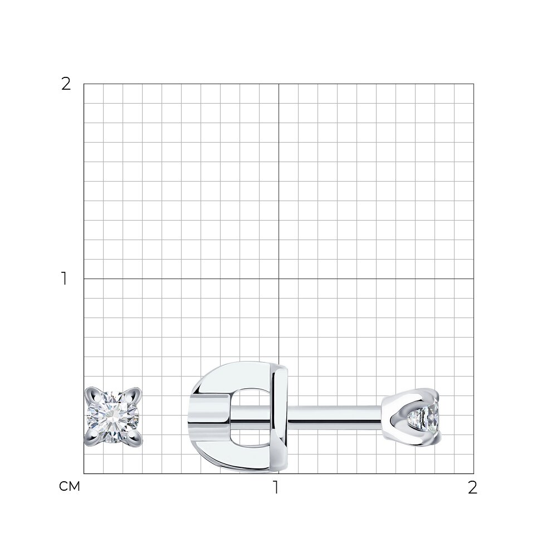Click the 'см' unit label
(x=69, y=486)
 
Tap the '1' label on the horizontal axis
(x=276, y=487)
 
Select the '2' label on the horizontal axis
(x=472, y=487)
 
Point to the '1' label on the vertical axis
(x=64, y=278)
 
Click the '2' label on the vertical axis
(x=66, y=84)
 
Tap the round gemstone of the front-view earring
(x=113, y=417)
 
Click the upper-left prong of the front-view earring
(x=92, y=395)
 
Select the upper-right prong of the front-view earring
(x=134, y=395)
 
